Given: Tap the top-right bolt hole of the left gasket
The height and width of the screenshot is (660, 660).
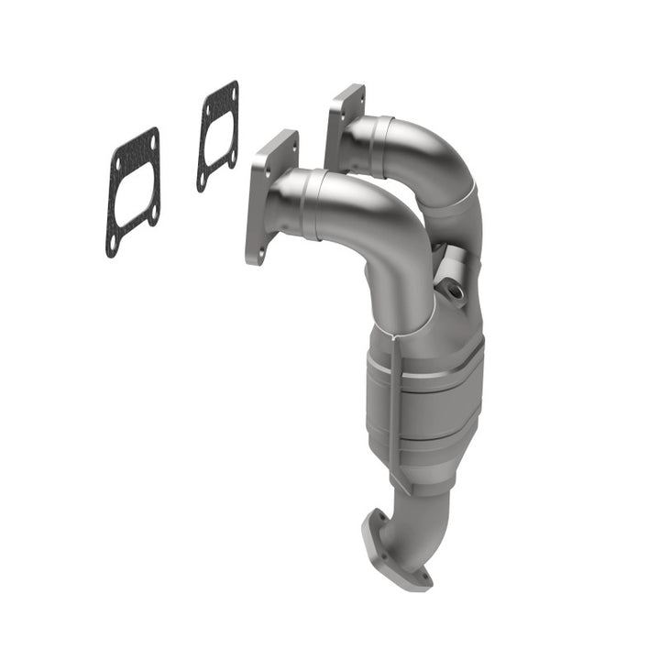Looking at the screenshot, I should [x=153, y=140].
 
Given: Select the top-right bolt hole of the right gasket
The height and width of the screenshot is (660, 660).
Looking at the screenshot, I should [x=233, y=92].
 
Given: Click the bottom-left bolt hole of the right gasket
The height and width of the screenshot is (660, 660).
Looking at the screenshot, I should [x=202, y=180].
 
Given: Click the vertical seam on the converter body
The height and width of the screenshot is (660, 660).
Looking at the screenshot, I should [x=394, y=403].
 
